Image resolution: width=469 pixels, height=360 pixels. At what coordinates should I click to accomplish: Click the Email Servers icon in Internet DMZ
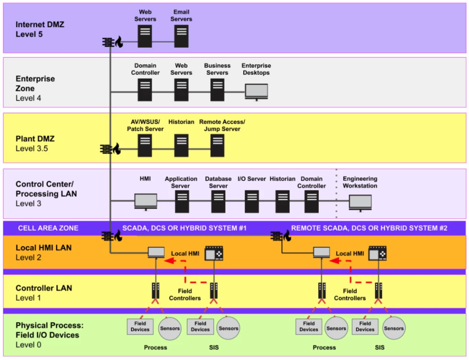181,36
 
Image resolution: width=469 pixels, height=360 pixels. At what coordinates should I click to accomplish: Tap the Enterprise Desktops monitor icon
256,92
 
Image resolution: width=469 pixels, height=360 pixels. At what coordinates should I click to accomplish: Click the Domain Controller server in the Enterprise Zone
145,90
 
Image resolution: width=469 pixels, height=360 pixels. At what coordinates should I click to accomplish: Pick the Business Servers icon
217,90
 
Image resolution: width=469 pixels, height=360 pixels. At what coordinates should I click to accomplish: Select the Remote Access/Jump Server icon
217,145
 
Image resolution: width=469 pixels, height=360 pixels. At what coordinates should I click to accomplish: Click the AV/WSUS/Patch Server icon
145,145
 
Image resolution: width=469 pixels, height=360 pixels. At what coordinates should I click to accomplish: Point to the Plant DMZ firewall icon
110,149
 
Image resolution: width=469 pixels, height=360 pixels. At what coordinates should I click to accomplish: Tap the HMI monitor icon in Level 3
146,202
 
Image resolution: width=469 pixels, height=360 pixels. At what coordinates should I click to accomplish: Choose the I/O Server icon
251,202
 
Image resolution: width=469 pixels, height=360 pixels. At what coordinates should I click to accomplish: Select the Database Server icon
218,202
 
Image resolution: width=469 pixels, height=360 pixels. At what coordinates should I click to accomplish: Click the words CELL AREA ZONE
48,228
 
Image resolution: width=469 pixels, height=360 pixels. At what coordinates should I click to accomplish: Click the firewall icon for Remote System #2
280,236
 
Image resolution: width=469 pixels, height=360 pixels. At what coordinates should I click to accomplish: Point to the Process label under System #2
324,348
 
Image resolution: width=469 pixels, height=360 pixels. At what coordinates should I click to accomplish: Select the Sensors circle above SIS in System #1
228,328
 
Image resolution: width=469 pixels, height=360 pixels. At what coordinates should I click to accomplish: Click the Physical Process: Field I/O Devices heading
47,330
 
